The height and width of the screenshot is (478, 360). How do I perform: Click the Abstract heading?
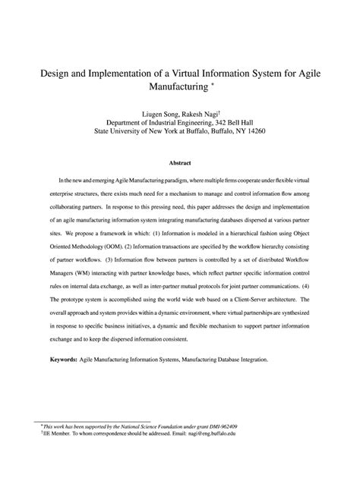(180, 163)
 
